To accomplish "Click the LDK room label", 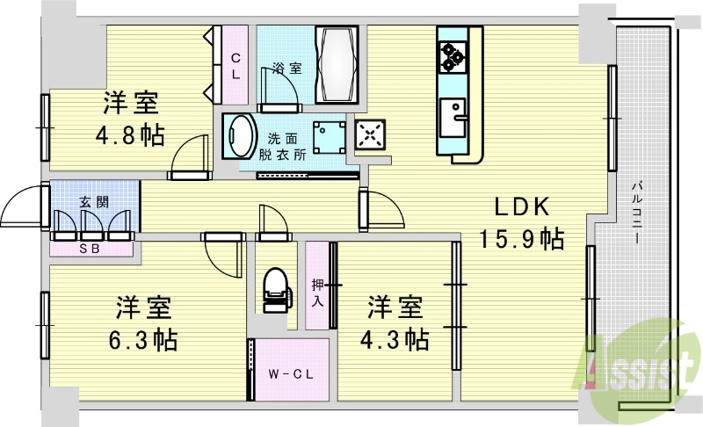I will click(521, 208).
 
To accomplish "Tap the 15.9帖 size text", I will click(521, 239).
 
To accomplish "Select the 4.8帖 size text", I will click(131, 136).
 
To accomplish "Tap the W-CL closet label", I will click(291, 375).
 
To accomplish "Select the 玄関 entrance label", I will click(94, 202).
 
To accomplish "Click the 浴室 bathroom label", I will click(281, 68).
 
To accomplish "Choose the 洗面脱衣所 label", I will click(282, 146).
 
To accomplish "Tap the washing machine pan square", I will click(330, 136).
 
